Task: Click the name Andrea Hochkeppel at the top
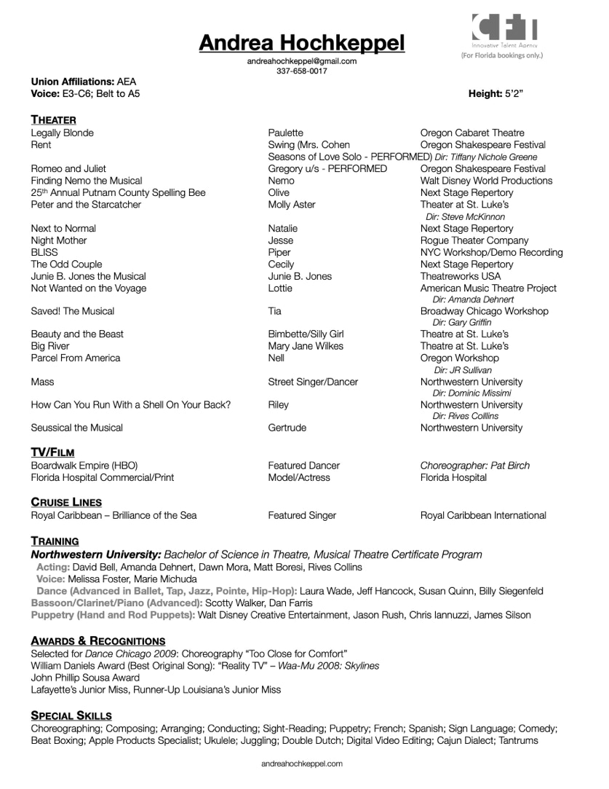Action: pyautogui.click(x=301, y=43)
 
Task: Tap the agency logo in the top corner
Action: pyautogui.click(x=505, y=30)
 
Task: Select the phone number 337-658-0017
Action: pyautogui.click(x=301, y=71)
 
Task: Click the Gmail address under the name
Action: pyautogui.click(x=301, y=62)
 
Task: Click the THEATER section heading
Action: pyautogui.click(x=53, y=120)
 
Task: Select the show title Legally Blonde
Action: pyautogui.click(x=62, y=133)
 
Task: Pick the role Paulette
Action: pyautogui.click(x=285, y=133)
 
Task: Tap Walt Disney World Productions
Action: pyautogui.click(x=486, y=181)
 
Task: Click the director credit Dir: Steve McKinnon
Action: pyautogui.click(x=465, y=216)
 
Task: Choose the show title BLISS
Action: pyautogui.click(x=44, y=252)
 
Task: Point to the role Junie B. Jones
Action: pyautogui.click(x=299, y=276)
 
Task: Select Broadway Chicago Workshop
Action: pyautogui.click(x=484, y=311)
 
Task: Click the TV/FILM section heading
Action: pyautogui.click(x=52, y=452)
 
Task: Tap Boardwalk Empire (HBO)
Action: pyautogui.click(x=84, y=466)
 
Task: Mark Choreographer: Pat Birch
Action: pyautogui.click(x=475, y=466)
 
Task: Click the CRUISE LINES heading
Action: pyautogui.click(x=66, y=502)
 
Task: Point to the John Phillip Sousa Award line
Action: pyautogui.click(x=85, y=678)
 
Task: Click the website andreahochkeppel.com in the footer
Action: pyautogui.click(x=301, y=764)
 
